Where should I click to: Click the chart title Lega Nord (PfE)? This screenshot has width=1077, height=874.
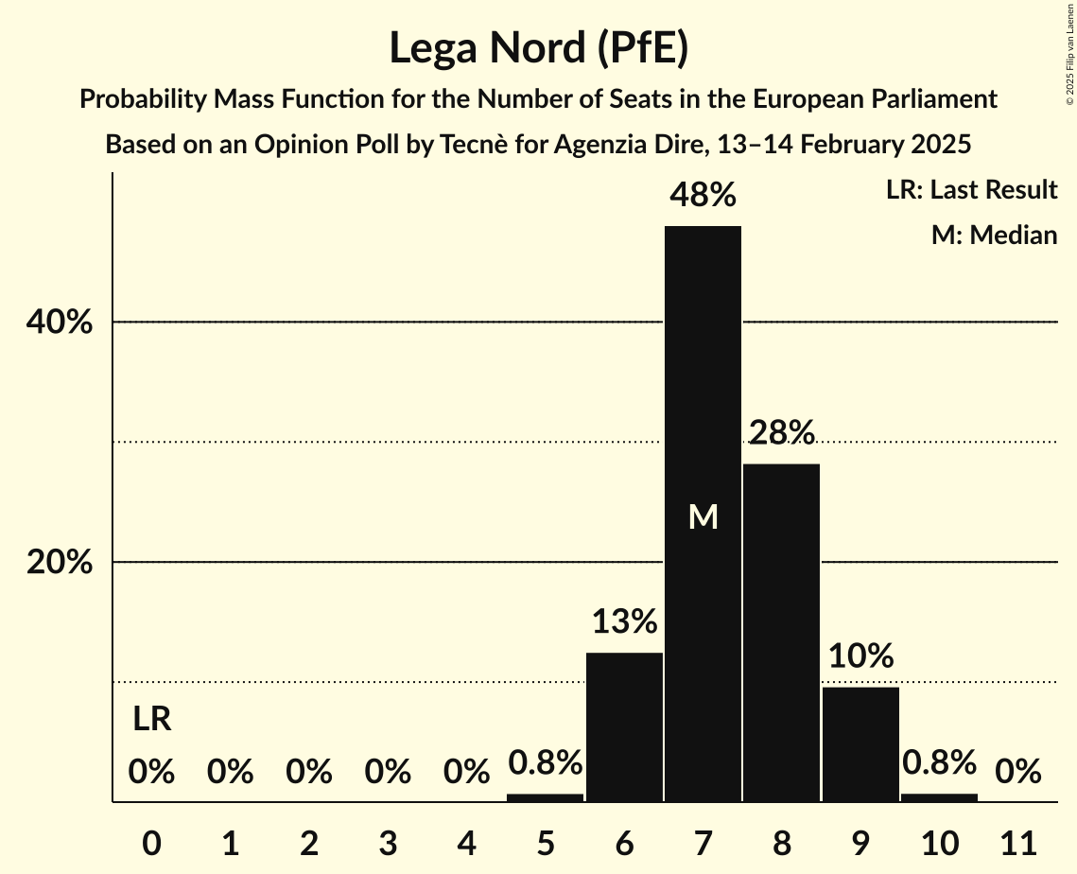[538, 48]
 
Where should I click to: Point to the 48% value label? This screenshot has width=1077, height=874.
[703, 196]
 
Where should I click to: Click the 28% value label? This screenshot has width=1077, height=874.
[781, 433]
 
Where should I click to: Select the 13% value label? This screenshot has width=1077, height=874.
[624, 622]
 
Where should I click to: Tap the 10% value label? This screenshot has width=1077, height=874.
[860, 655]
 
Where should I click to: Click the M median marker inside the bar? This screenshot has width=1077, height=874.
[703, 516]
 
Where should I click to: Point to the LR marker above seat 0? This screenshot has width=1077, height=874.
[151, 720]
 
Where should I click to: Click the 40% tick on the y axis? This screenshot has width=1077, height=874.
[59, 323]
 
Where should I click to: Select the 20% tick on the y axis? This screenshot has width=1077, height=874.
[59, 563]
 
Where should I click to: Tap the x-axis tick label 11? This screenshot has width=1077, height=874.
[1018, 841]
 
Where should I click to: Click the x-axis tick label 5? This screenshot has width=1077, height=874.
[546, 841]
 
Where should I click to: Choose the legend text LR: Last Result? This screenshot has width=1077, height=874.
[971, 190]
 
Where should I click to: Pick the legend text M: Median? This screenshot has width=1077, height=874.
[994, 235]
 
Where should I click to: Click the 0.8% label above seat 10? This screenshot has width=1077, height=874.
[939, 762]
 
